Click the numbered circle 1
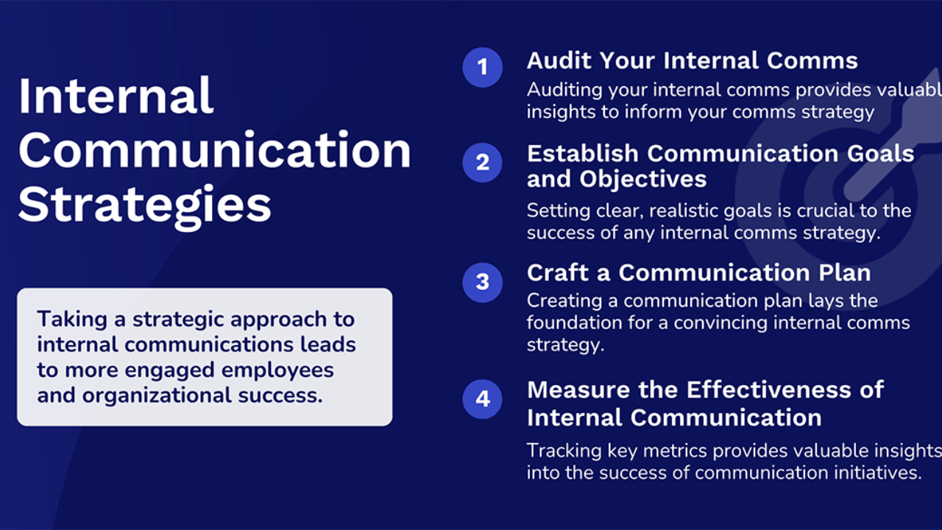tap(482, 67)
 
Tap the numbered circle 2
tap(482, 163)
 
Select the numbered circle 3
tap(482, 283)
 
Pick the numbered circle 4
tap(482, 399)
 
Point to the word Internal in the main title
tap(116, 96)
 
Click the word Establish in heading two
tap(582, 154)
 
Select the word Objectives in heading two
tap(643, 179)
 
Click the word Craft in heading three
tap(558, 272)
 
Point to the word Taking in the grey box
tap(72, 320)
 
